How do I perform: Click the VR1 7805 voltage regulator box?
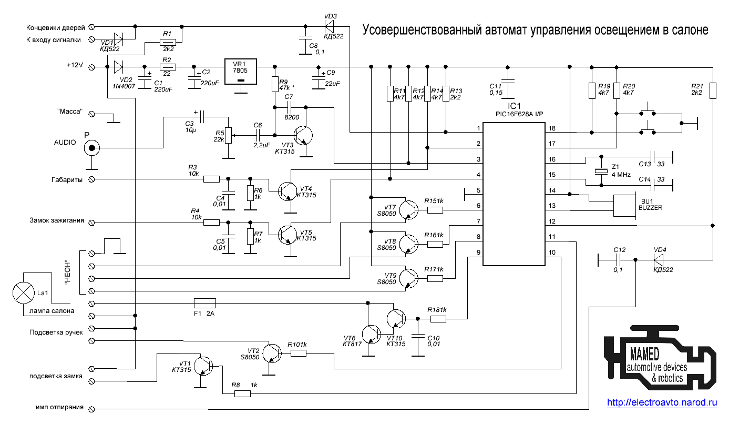click(241, 71)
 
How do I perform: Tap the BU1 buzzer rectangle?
click(624, 206)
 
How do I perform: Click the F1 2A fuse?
click(204, 303)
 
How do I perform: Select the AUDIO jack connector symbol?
click(92, 148)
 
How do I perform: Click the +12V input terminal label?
click(75, 66)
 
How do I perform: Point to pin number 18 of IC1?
click(551, 129)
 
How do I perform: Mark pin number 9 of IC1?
click(478, 253)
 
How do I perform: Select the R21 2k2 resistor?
click(713, 90)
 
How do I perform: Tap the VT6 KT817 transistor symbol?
click(372, 335)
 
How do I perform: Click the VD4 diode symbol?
click(659, 259)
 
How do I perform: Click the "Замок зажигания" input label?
click(57, 221)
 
